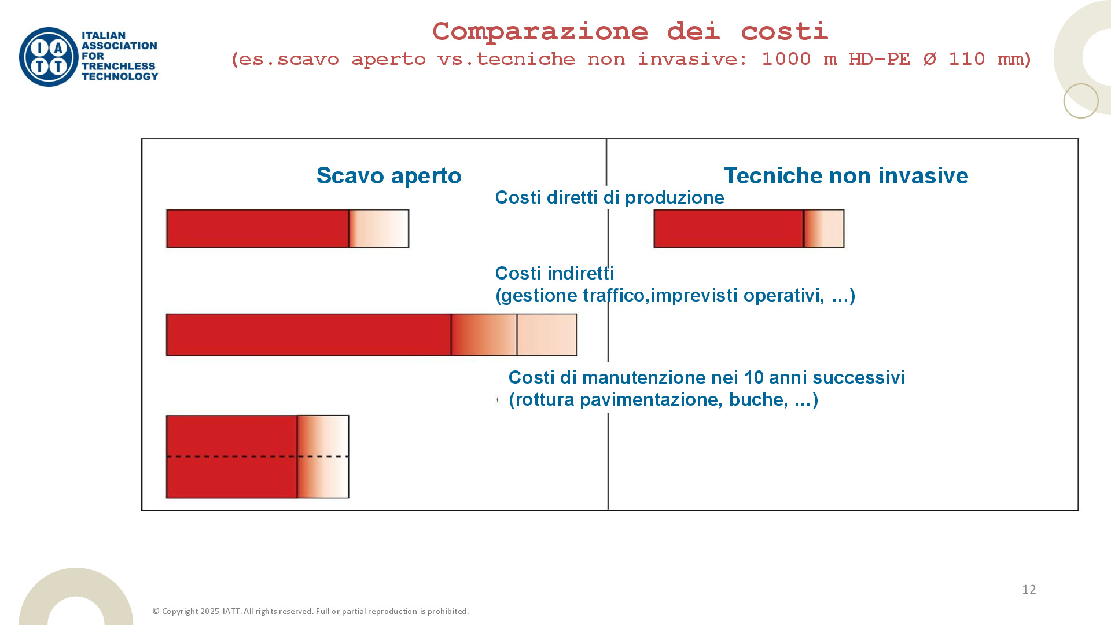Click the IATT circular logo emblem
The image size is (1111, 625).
(49, 57)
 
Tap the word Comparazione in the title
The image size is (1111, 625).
(540, 31)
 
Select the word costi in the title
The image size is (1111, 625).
(784, 31)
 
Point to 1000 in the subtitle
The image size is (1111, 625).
(786, 59)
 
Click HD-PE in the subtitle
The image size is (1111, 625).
(879, 59)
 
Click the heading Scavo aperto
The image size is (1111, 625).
(389, 175)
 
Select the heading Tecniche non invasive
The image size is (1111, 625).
(846, 175)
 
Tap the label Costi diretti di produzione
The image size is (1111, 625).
(609, 197)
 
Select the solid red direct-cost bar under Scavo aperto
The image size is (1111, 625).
(257, 229)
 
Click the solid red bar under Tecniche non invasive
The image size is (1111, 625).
(729, 229)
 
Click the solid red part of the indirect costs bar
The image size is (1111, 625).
(308, 334)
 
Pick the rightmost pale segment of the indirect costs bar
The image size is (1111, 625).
(547, 334)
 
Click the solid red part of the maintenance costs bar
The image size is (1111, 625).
(231, 456)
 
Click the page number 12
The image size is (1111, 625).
(1029, 589)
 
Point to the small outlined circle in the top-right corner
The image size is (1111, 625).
(1080, 101)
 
